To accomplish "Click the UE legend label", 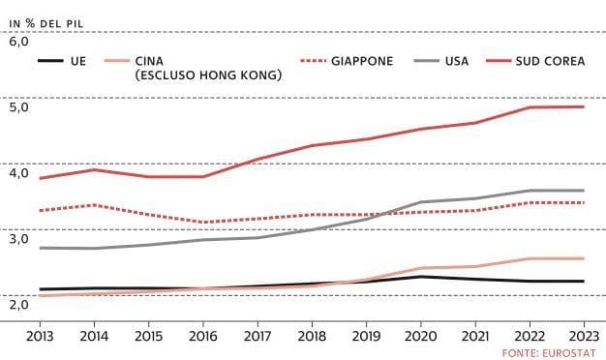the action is coord(78,61).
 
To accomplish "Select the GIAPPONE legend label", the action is coord(362,61).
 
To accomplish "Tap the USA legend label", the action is coord(457,61).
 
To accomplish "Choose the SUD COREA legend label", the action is coord(551,61).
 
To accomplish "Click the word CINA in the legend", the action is coord(149,61).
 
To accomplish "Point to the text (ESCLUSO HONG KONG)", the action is coord(208,75).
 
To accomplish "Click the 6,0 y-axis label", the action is coord(19,42).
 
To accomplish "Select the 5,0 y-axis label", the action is coord(19,107).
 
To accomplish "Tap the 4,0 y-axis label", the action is coord(19,172).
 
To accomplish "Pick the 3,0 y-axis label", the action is coord(19,239).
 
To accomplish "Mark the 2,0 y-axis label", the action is coord(19,305).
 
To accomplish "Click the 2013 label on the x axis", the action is coord(40,336).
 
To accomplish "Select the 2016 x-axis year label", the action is coord(203,336).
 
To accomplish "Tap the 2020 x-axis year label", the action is coord(420,336).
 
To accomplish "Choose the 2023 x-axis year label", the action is coord(584,336).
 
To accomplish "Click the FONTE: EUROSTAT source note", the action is coord(549,353).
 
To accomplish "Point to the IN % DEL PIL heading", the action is coord(46,23).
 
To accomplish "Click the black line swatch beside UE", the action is coord(50,61).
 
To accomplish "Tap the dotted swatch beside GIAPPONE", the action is coord(313,61).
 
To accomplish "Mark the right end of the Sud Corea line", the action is coord(584,107).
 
